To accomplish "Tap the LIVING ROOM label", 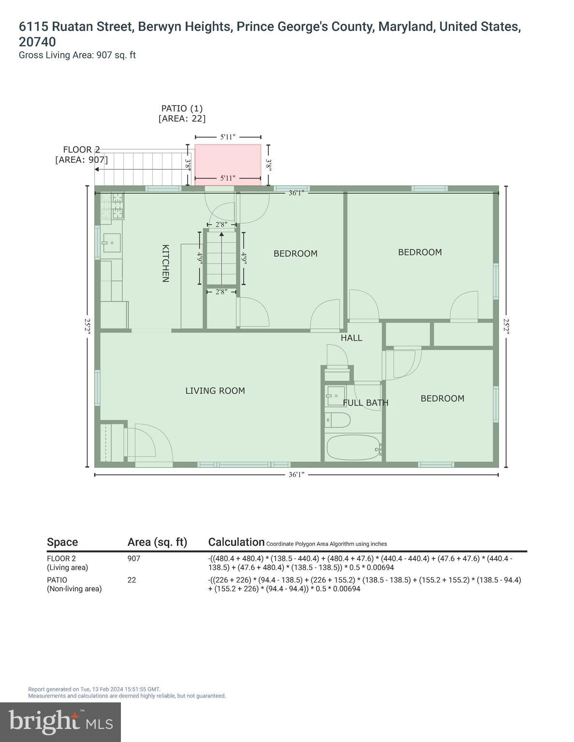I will (x=215, y=391).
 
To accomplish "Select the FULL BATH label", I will (x=366, y=403).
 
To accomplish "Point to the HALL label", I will (x=351, y=338).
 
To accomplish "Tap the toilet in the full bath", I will (x=338, y=420).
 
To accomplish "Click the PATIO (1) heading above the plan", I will (x=182, y=108).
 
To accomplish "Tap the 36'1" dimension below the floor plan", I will (x=296, y=475).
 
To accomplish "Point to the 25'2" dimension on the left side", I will (x=88, y=326).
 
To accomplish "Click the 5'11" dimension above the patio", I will (x=228, y=137).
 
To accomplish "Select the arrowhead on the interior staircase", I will (x=221, y=235).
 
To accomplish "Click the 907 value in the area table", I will (x=134, y=558).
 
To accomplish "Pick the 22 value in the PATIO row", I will (x=132, y=580).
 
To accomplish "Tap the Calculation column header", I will (x=236, y=542).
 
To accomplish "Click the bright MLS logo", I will (x=60, y=722).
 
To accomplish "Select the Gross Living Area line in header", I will (x=77, y=55).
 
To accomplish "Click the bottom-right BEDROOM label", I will (x=442, y=399).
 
